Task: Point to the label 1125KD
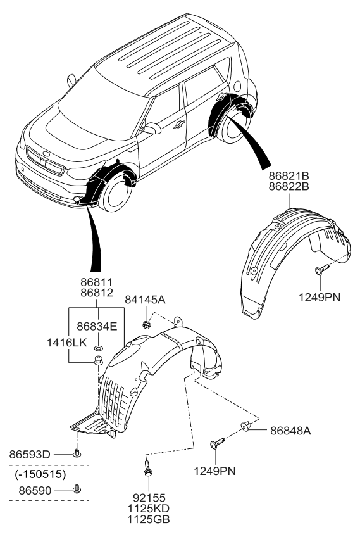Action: coord(147,509)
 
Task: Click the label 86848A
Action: coord(291,430)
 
